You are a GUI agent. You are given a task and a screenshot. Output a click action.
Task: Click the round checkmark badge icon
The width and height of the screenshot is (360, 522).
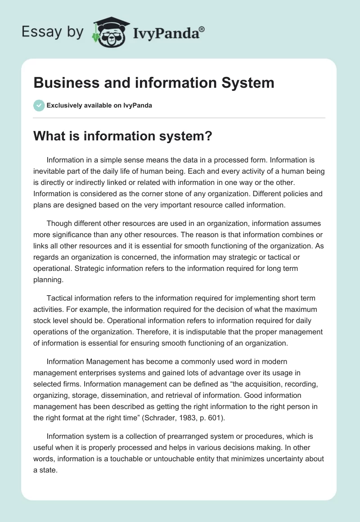pos(39,105)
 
